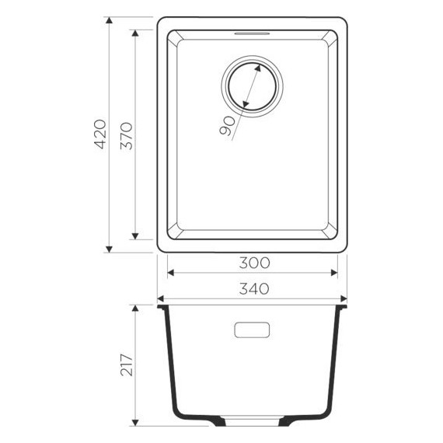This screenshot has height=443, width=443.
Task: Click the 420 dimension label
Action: click(x=99, y=135)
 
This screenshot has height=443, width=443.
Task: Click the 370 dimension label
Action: click(x=127, y=135)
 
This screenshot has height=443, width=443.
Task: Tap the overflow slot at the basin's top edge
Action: click(x=252, y=33)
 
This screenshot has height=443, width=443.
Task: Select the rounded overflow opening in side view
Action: click(x=252, y=330)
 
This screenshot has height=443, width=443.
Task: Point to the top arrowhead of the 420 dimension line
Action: click(x=109, y=23)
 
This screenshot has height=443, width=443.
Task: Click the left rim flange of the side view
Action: click(x=162, y=309)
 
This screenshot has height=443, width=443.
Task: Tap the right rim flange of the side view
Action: click(x=342, y=309)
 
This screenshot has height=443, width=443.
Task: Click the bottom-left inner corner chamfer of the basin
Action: click(x=175, y=231)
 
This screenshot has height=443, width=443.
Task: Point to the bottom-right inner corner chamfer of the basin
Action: click(x=330, y=231)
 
